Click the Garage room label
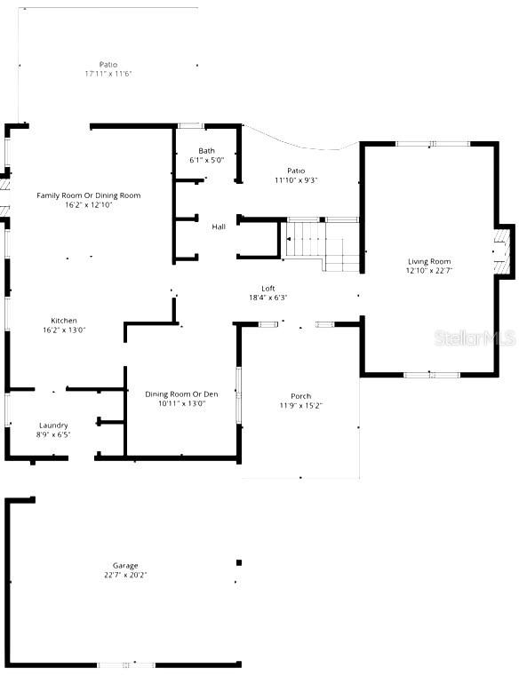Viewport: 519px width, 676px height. (x=124, y=565)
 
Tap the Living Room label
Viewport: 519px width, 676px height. (x=428, y=261)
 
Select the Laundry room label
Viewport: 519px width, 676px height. (x=53, y=425)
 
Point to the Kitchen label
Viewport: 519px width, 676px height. (x=63, y=320)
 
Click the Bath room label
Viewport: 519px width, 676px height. (x=206, y=151)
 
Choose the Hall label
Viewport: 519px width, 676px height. (x=219, y=227)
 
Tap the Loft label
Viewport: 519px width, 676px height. (x=267, y=288)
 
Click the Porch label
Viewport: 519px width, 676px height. (x=300, y=396)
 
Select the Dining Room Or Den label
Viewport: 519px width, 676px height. (x=181, y=394)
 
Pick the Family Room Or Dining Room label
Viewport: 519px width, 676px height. (x=88, y=195)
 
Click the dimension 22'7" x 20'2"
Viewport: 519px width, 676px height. (x=124, y=575)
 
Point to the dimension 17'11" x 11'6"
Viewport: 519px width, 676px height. (x=108, y=74)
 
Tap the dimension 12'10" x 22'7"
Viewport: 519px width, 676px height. (x=429, y=271)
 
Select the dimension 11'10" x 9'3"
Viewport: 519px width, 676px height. (x=296, y=180)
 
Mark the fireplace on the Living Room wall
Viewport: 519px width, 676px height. (x=503, y=251)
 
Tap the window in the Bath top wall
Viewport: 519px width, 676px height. (x=189, y=126)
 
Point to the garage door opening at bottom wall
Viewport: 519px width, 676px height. (x=125, y=664)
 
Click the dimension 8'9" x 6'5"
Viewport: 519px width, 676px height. (x=53, y=435)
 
